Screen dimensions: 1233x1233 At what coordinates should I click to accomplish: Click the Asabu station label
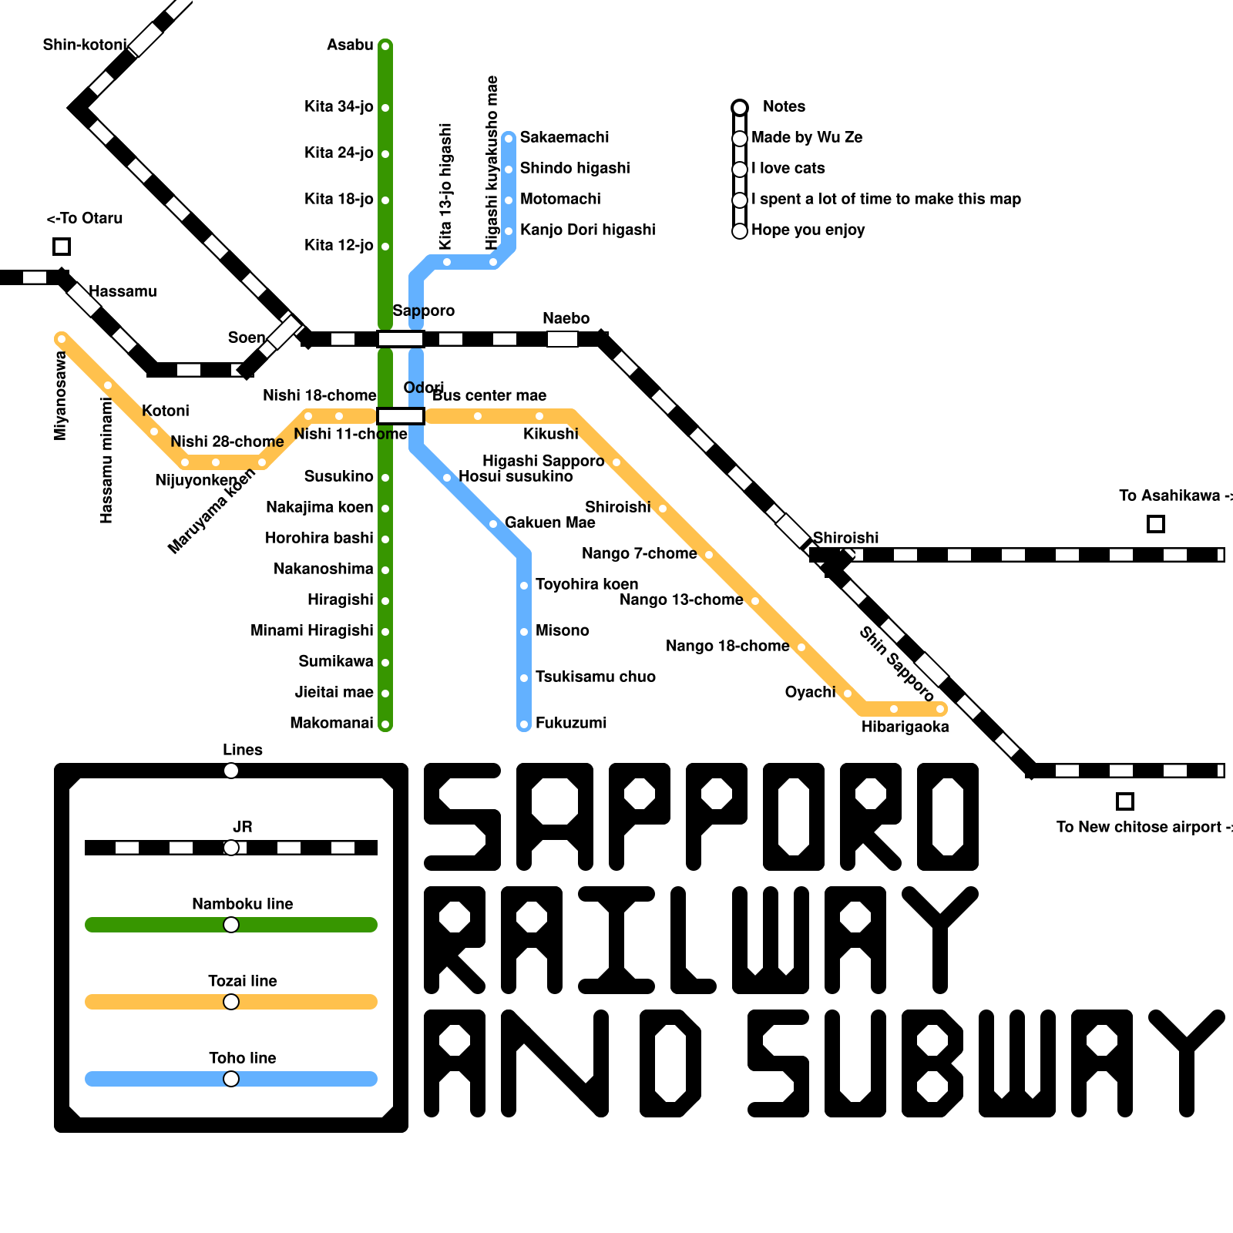[350, 45]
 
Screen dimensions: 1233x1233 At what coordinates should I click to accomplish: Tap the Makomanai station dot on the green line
[385, 724]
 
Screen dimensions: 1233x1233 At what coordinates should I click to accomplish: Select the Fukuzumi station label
[571, 723]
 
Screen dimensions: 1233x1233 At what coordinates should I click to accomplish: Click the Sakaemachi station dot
[509, 139]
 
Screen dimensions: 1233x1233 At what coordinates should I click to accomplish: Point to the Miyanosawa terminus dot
[62, 338]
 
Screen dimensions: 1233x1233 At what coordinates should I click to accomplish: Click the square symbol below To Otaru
[62, 247]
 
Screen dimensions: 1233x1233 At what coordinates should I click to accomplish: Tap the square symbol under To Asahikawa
[1155, 524]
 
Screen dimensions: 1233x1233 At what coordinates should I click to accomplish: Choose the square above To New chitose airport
[1124, 801]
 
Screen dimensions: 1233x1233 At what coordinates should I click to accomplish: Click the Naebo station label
[566, 318]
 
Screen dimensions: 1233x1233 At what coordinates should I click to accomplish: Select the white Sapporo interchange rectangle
[401, 339]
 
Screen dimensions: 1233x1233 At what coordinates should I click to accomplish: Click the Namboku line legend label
[242, 904]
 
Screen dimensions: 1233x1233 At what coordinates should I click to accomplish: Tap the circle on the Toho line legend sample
[231, 1079]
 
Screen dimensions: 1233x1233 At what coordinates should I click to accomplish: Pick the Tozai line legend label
[242, 981]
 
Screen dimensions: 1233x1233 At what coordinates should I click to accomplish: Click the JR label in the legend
[242, 827]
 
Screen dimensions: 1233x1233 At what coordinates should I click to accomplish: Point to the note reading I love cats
[788, 168]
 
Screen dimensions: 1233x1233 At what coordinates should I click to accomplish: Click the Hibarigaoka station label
[905, 727]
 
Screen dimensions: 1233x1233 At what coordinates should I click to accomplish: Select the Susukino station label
[338, 476]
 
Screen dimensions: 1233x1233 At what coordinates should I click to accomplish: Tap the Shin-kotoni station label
[84, 45]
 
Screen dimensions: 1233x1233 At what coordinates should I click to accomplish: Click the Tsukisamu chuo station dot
[524, 678]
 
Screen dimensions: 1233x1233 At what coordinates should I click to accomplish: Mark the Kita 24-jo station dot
[385, 154]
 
